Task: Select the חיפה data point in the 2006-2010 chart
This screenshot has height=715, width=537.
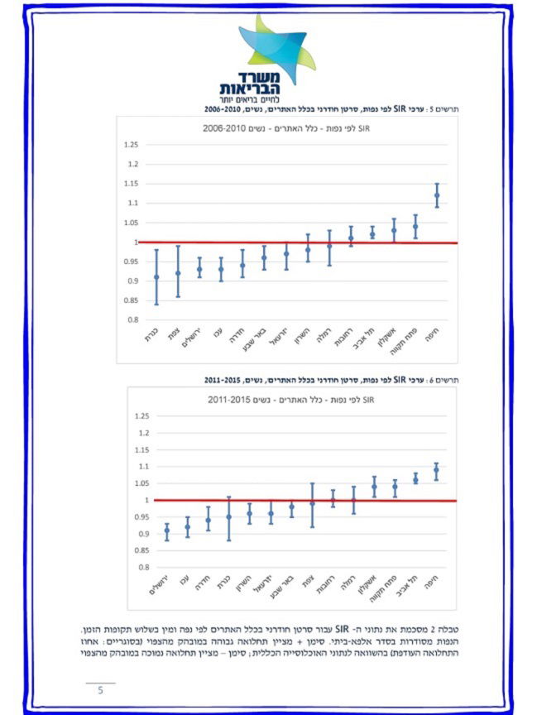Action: (437, 195)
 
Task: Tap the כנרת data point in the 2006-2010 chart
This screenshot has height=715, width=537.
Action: (156, 277)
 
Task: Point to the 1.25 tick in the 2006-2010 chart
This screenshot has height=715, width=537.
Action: (130, 145)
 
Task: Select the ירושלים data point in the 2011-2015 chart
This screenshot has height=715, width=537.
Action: (167, 530)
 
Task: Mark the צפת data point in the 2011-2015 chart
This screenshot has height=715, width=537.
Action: (312, 503)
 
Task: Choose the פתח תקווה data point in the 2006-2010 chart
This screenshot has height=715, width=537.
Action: (415, 226)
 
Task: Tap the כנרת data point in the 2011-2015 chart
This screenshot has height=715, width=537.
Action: (229, 516)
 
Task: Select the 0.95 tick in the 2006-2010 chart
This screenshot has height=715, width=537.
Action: (130, 262)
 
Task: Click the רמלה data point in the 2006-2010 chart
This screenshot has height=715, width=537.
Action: (329, 246)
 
